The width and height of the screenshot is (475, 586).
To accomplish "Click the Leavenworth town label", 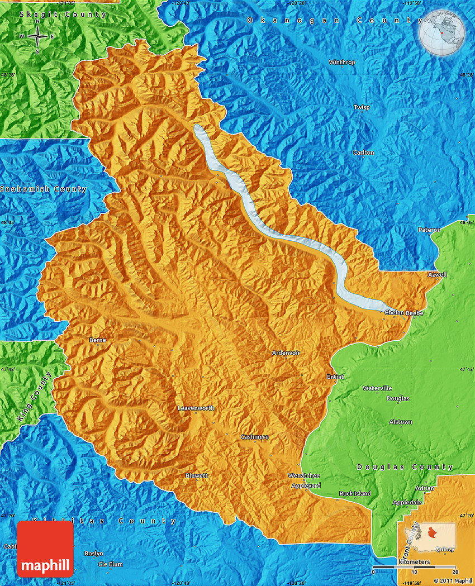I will pyautogui.click(x=196, y=408).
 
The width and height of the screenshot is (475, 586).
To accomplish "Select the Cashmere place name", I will pyautogui.click(x=255, y=437).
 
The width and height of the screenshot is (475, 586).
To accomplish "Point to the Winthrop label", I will pyautogui.click(x=341, y=63).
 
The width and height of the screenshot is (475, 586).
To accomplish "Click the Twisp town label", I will pyautogui.click(x=362, y=107).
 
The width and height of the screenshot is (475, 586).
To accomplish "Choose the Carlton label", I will pyautogui.click(x=363, y=153).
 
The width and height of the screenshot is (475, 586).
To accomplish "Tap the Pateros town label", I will pyautogui.click(x=429, y=230).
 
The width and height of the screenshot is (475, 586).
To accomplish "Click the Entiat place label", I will pyautogui.click(x=335, y=377).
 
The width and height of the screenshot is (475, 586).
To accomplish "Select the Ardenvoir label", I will pyautogui.click(x=286, y=353).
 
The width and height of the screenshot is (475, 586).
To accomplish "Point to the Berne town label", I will pyautogui.click(x=97, y=340).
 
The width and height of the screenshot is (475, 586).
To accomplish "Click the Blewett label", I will pyautogui.click(x=196, y=475).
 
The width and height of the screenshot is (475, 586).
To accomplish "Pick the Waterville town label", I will pyautogui.click(x=377, y=388).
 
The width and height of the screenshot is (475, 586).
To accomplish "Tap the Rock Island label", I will pyautogui.click(x=355, y=493).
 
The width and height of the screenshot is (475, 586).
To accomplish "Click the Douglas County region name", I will pyautogui.click(x=405, y=466).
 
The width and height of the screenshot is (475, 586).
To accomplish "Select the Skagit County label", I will pyautogui.click(x=63, y=15).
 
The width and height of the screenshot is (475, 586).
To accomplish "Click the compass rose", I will pyautogui.click(x=37, y=37).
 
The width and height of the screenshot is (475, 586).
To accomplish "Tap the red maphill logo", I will pyautogui.click(x=45, y=549).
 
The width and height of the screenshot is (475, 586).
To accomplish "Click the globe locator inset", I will pyautogui.click(x=443, y=33).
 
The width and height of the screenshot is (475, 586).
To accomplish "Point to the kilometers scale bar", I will pyautogui.click(x=414, y=568).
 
